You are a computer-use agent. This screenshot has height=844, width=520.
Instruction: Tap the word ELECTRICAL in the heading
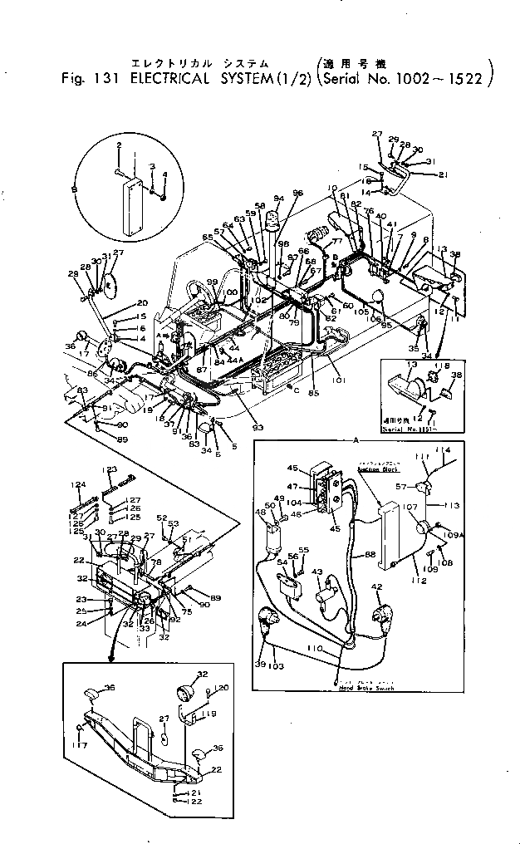point(167,81)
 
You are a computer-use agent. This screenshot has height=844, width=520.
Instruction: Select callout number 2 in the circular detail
point(119,145)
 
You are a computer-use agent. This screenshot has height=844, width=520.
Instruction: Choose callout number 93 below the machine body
point(258,427)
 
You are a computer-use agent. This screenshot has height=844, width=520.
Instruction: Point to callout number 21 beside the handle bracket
point(443,174)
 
